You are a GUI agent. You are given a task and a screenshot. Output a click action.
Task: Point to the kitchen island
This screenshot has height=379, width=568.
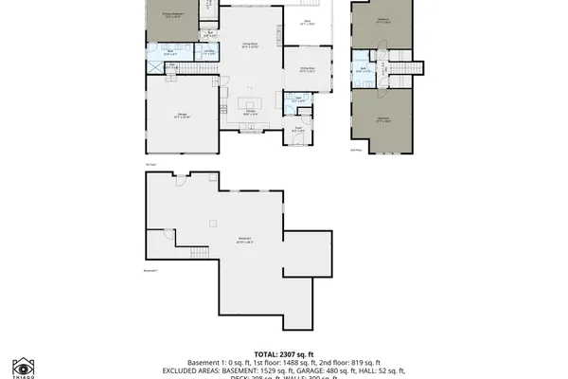251,102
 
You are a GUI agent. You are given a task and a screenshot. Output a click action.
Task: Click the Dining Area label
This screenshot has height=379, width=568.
308,70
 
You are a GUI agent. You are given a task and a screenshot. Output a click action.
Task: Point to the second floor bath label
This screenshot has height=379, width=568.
363,69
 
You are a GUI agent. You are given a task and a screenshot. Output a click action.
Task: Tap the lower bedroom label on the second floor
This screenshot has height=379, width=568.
383,120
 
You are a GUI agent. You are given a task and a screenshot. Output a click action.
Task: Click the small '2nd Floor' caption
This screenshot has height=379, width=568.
355,149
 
